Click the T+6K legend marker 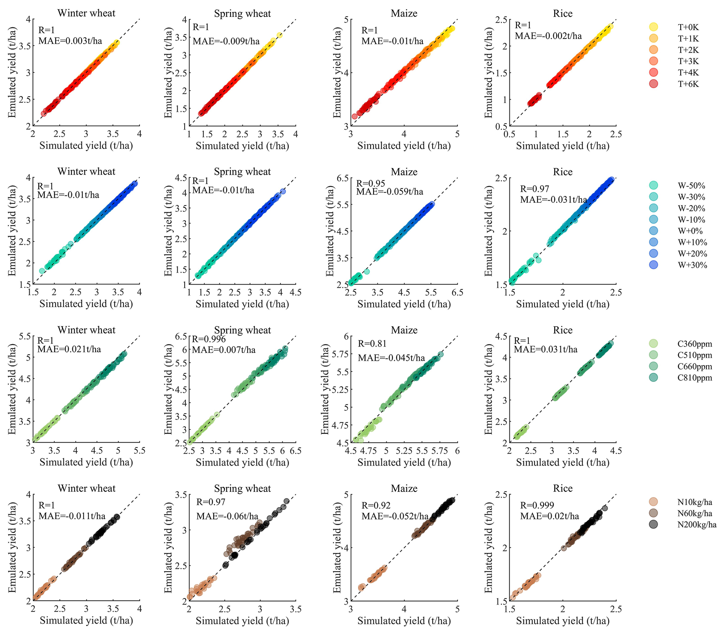click(654, 84)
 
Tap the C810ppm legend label click(695, 378)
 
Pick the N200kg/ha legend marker click(654, 524)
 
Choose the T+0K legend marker click(654, 27)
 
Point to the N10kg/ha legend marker click(654, 502)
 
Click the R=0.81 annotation click(372, 343)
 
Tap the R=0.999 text click(537, 505)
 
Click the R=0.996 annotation click(209, 339)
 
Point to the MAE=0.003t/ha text click(70, 41)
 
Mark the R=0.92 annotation click(376, 505)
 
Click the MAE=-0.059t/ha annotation click(389, 192)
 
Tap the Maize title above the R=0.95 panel click(404, 172)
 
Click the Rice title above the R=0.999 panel click(563, 488)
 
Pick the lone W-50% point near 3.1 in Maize click(367, 272)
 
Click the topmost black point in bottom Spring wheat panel click(286, 501)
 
